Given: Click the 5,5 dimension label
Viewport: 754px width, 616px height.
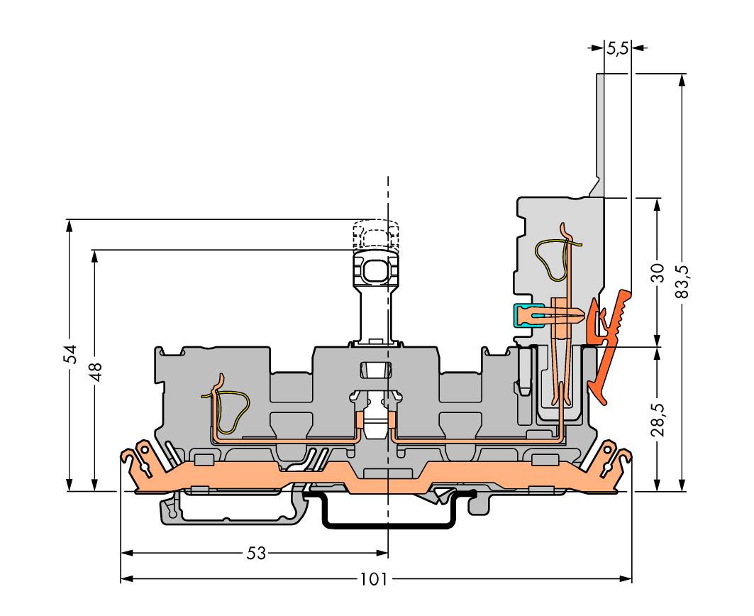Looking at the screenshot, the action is click(x=617, y=48).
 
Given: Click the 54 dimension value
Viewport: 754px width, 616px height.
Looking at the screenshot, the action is click(x=71, y=353).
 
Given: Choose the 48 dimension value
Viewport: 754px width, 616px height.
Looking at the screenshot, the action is click(x=96, y=372).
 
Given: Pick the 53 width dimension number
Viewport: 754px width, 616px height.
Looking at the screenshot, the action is click(x=256, y=554).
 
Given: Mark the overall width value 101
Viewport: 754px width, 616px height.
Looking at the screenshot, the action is click(x=374, y=579).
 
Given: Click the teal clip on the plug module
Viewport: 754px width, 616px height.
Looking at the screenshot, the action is click(x=522, y=317).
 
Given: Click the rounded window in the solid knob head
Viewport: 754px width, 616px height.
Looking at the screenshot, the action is click(x=375, y=273).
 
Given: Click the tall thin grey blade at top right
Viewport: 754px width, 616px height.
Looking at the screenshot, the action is click(x=599, y=135).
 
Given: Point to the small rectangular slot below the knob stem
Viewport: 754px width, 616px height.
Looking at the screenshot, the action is click(x=375, y=370).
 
